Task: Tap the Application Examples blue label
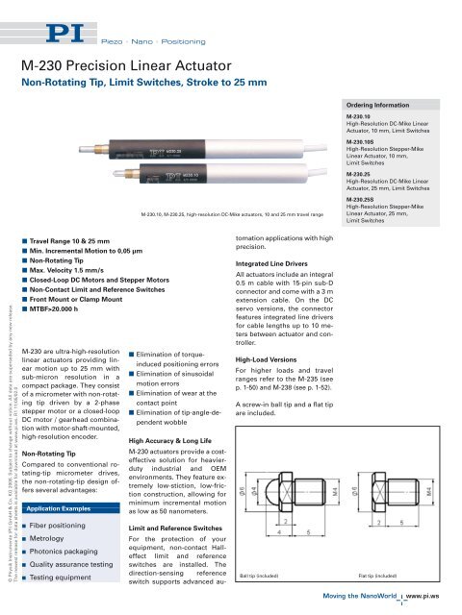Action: pyautogui.click(x=65, y=505)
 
